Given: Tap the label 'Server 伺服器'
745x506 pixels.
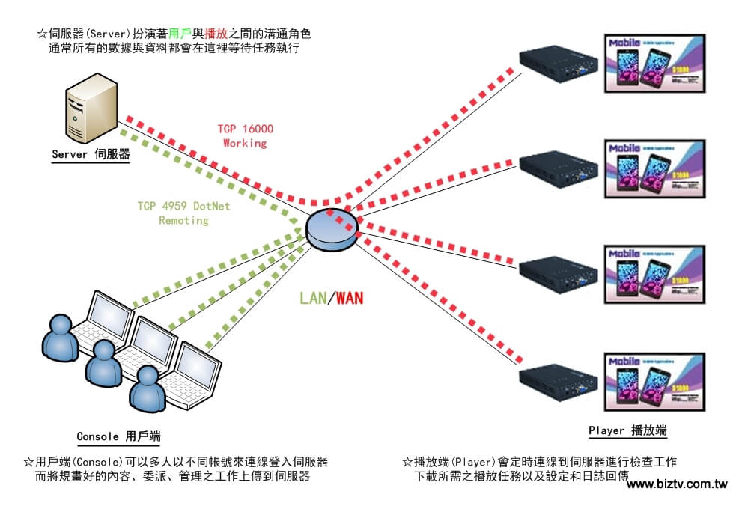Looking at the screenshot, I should [x=91, y=155].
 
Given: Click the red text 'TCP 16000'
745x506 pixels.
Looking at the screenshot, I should [x=246, y=129].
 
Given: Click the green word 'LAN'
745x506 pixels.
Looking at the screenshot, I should [x=313, y=299].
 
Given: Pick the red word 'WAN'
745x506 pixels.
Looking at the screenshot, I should [x=350, y=299].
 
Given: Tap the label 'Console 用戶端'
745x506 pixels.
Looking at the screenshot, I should [x=118, y=436].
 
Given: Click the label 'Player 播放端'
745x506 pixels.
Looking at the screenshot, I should [x=627, y=431].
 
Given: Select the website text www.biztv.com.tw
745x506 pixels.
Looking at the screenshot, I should [x=677, y=484].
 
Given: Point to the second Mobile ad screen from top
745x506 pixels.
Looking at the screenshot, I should [x=654, y=169].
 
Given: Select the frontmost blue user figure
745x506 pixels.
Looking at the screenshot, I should [x=145, y=394].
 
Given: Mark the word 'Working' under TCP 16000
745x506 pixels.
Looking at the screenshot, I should [x=246, y=142].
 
